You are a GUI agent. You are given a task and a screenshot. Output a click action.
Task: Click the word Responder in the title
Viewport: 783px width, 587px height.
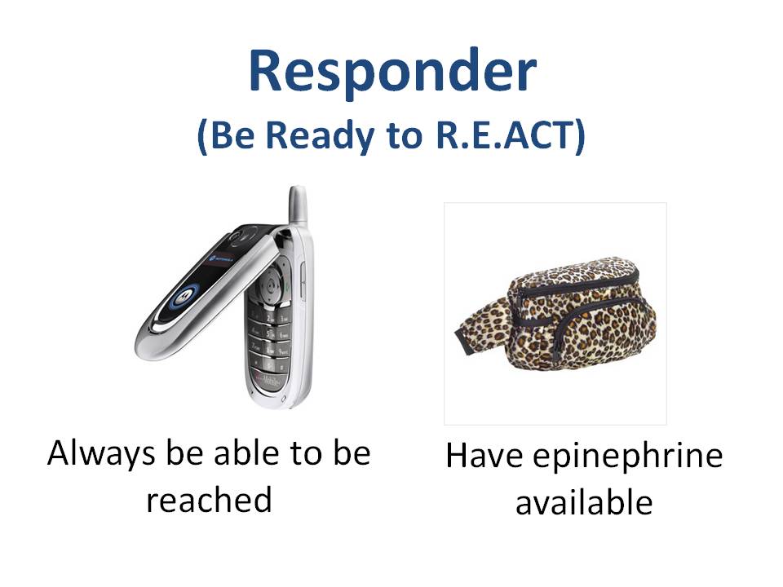[x=392, y=72]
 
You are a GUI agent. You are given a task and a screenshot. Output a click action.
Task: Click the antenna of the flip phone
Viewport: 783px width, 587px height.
[x=298, y=205]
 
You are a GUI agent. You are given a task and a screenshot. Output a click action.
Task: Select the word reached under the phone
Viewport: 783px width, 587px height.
[x=210, y=499]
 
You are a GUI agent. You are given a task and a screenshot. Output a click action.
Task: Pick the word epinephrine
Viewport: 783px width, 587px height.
[x=628, y=457]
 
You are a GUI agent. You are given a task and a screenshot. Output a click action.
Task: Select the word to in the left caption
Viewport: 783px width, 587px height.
[x=306, y=453]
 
